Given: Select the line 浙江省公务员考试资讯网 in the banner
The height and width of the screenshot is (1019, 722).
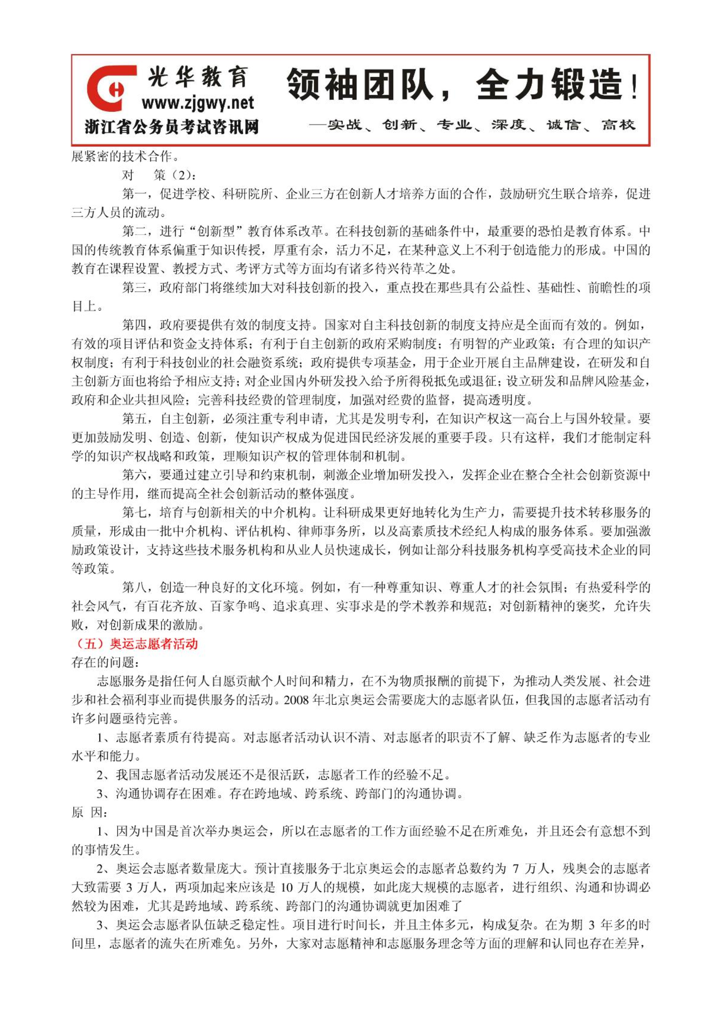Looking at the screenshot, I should point(172,127).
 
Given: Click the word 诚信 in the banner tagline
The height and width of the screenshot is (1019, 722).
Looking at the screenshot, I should point(563,124).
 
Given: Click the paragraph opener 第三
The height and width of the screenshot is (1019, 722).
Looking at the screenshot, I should point(134,287).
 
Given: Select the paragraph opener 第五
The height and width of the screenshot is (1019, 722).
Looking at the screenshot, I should point(134,419).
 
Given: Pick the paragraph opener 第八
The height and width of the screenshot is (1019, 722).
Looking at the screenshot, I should point(134,587).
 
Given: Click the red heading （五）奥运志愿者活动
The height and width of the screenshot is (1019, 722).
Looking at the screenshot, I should point(135,643).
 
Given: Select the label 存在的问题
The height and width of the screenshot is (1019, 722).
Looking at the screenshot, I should point(103,662).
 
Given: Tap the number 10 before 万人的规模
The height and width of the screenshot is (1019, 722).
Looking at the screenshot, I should point(287,887).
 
